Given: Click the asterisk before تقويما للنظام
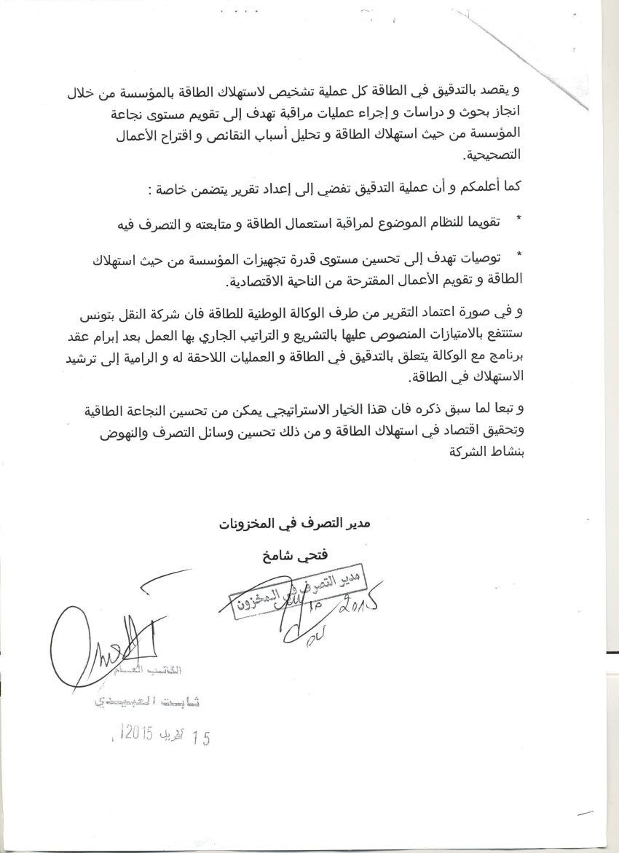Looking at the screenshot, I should pos(519,219).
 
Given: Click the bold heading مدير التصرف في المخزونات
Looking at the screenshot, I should pos(296,524).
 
